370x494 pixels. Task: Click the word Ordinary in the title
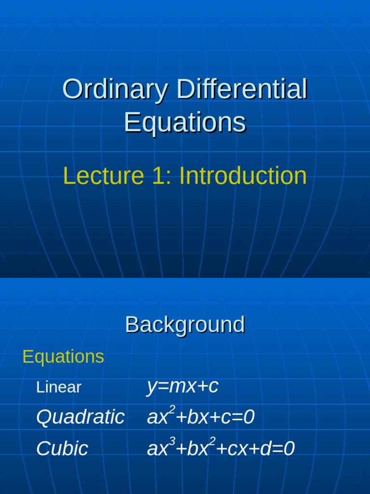click(x=116, y=90)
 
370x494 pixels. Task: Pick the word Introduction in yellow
click(x=243, y=176)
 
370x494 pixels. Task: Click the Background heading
click(x=185, y=325)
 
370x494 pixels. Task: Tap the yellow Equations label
click(x=63, y=357)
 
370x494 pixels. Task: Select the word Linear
click(x=59, y=387)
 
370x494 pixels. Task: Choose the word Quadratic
click(x=80, y=417)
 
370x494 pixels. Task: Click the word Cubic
click(x=62, y=449)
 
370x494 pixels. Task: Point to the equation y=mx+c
click(x=183, y=386)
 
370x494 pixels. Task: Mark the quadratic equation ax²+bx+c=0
click(x=200, y=417)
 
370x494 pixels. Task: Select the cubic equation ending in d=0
click(x=221, y=449)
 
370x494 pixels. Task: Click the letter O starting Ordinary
click(x=72, y=90)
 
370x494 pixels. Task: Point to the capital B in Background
click(x=132, y=325)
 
